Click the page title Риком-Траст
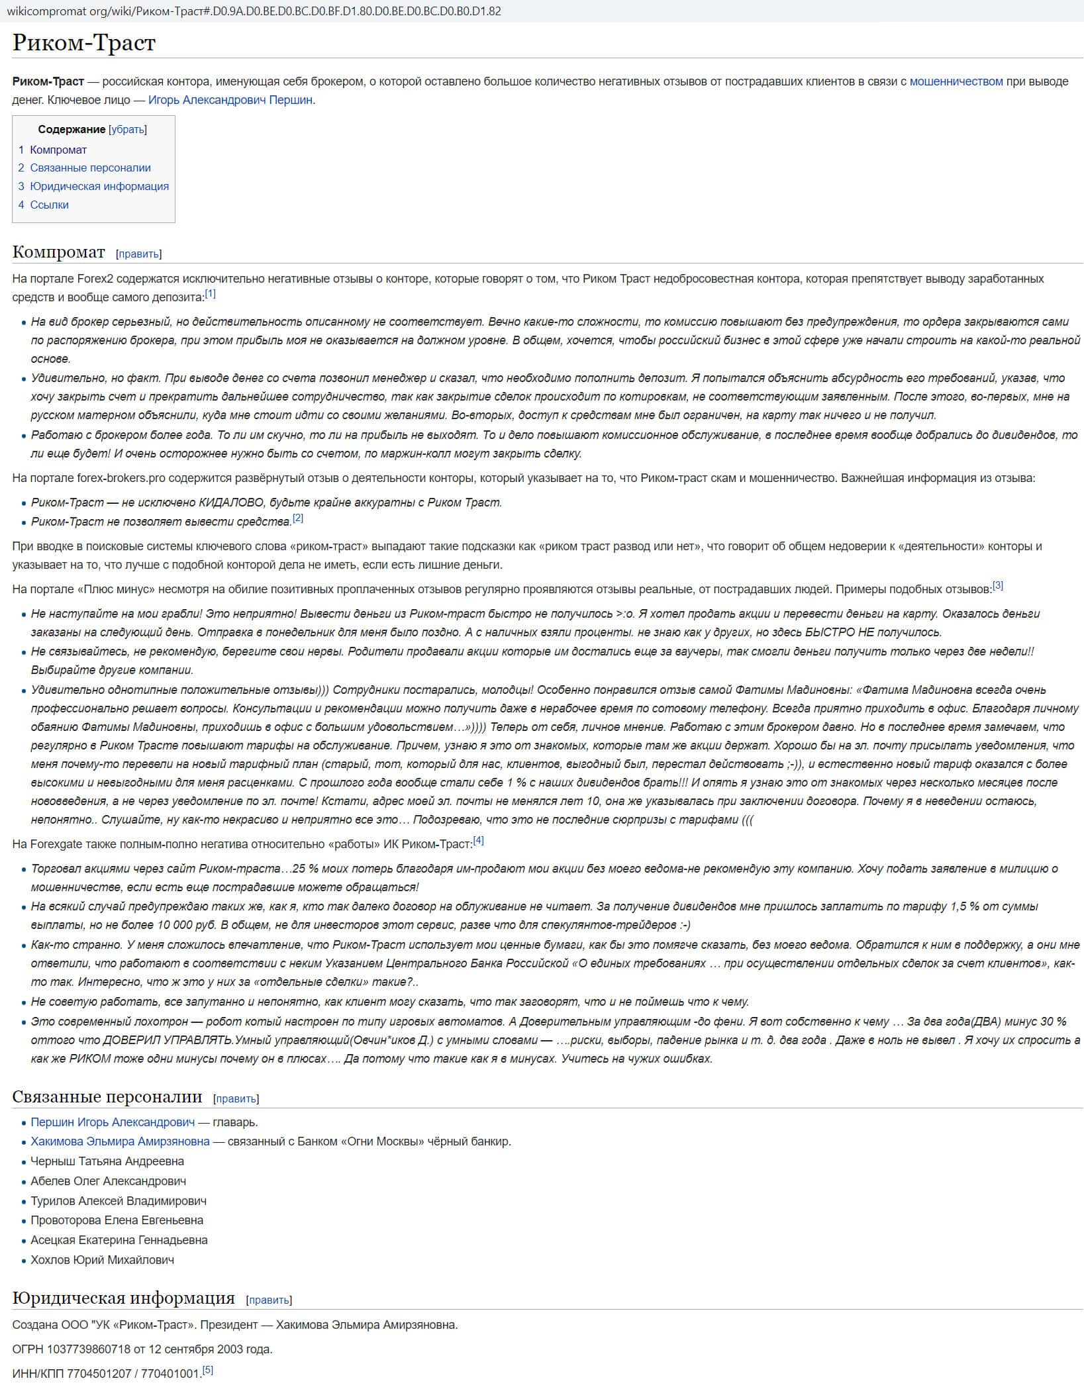pyautogui.click(x=84, y=43)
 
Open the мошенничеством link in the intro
pyautogui.click(x=956, y=81)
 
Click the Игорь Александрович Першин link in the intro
pyautogui.click(x=230, y=100)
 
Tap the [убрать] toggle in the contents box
pyautogui.click(x=128, y=130)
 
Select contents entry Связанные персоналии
pyautogui.click(x=90, y=168)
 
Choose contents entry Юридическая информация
pyautogui.click(x=99, y=186)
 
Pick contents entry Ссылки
pyautogui.click(x=49, y=205)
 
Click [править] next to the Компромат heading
pyautogui.click(x=139, y=254)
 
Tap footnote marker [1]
pyautogui.click(x=210, y=293)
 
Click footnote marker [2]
pyautogui.click(x=298, y=518)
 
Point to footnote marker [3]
pyautogui.click(x=998, y=585)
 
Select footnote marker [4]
pyautogui.click(x=478, y=840)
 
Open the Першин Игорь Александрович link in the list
pyautogui.click(x=113, y=1122)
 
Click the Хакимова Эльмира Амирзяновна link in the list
pyautogui.click(x=120, y=1141)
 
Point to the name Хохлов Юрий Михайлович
pyautogui.click(x=102, y=1260)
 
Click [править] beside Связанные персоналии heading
pyautogui.click(x=236, y=1099)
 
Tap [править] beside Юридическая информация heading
pyautogui.click(x=269, y=1300)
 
